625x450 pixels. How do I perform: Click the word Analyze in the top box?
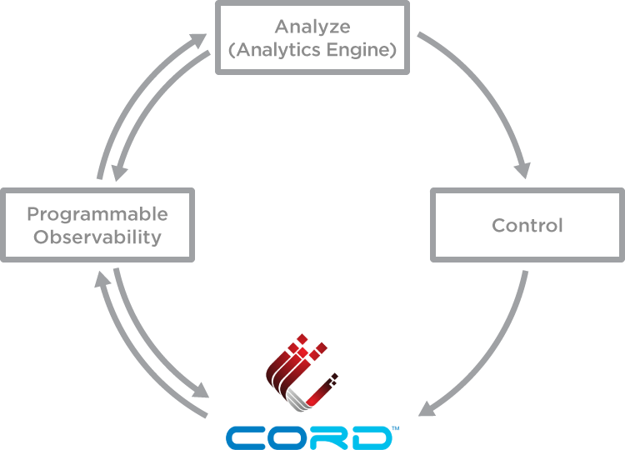click(x=312, y=27)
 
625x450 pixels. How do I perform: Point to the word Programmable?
click(x=97, y=214)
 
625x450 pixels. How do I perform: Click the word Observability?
click(x=97, y=237)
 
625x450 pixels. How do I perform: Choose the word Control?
click(x=527, y=225)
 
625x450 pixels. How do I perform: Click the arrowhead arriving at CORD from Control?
click(x=427, y=408)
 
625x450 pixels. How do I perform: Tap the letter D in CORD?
click(x=371, y=437)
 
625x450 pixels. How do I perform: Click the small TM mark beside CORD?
click(x=396, y=429)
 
